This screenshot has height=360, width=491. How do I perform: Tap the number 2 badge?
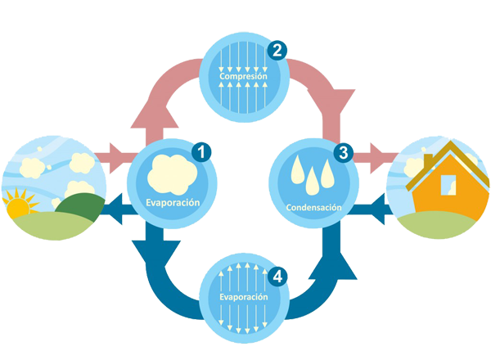[x=278, y=51]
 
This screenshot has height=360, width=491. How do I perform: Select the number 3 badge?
[x=343, y=152]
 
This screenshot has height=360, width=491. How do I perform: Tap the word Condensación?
[x=312, y=208]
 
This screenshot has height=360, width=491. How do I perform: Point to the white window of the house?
[x=447, y=186]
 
